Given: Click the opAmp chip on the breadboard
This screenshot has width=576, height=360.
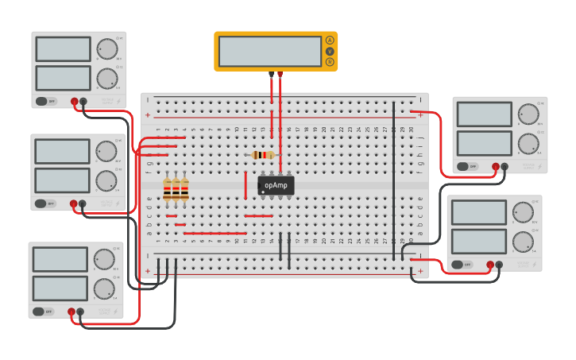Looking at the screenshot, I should (276, 185).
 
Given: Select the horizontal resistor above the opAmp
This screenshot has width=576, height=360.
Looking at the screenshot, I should (263, 155).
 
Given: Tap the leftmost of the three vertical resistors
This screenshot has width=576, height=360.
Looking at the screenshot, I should (167, 189).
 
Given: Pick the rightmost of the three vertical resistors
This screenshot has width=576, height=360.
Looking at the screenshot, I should (185, 189).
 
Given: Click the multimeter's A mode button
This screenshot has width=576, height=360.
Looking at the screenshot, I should (330, 41).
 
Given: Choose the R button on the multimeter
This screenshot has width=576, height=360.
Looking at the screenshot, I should (330, 62).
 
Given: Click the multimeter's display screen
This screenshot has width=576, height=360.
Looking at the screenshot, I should (269, 52).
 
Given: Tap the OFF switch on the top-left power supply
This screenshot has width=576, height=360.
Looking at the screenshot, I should (46, 101).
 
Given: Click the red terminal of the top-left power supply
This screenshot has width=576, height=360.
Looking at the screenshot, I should (74, 102).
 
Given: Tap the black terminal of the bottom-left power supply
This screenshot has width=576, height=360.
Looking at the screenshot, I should (80, 312).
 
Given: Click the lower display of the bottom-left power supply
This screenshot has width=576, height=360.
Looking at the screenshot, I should (60, 288).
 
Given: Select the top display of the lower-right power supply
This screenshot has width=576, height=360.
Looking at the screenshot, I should (478, 212).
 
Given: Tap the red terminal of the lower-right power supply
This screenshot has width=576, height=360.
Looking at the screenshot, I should (490, 265).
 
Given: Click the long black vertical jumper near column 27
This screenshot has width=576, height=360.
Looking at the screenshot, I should (393, 180).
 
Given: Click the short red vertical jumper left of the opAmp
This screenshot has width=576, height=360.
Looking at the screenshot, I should (245, 184).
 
